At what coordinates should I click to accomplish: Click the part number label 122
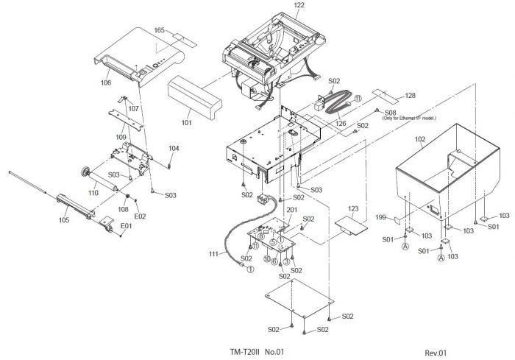click(278, 5)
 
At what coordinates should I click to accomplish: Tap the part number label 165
click(159, 29)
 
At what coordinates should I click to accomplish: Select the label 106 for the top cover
click(106, 82)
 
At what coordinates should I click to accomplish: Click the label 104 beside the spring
click(173, 149)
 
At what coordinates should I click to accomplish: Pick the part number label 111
click(213, 254)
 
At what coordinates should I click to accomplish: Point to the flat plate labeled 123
click(351, 225)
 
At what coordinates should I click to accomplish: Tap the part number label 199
click(380, 219)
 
